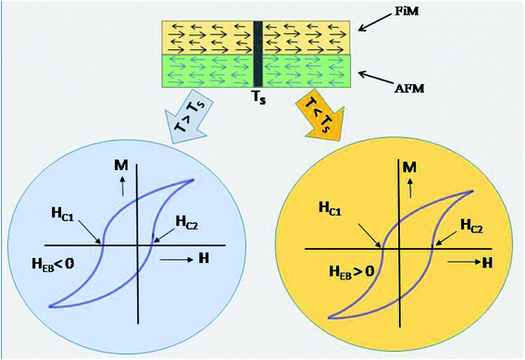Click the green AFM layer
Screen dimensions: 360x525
point(204,68)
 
